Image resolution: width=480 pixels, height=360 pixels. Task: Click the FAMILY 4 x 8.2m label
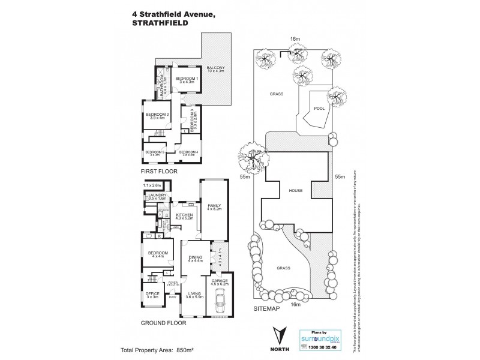click(214, 208)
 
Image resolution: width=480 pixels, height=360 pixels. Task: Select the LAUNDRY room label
click(157, 197)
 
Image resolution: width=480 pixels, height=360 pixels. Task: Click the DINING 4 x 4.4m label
click(196, 259)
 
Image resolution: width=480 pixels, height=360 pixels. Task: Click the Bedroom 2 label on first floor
click(157, 116)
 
